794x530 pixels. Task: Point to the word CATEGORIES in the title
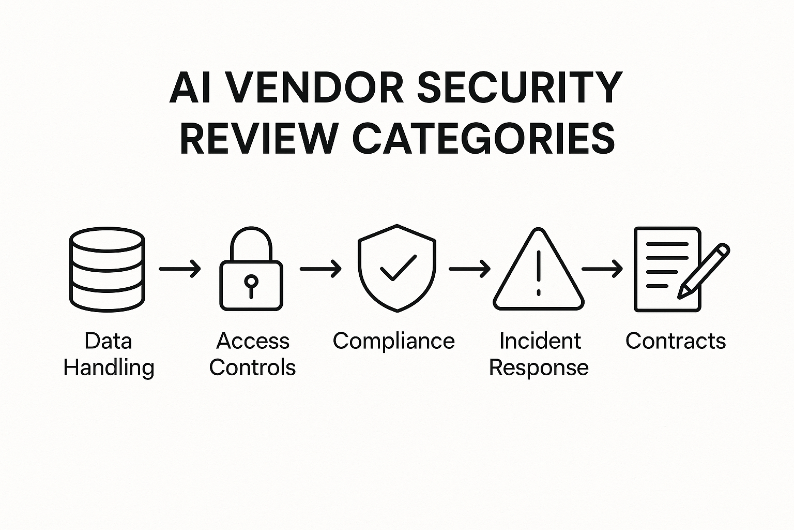click(x=483, y=139)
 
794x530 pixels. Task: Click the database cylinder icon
click(x=107, y=269)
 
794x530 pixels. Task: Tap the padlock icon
click(x=251, y=269)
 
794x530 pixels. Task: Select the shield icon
click(x=396, y=268)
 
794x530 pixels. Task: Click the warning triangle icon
click(x=539, y=271)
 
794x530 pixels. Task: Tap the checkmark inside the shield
click(x=398, y=267)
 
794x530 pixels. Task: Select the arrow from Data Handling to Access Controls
click(x=180, y=269)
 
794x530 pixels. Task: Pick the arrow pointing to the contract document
click(x=602, y=269)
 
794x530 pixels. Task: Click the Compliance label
click(x=393, y=341)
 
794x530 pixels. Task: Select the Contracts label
click(x=676, y=341)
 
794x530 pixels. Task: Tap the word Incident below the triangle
click(x=540, y=341)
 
